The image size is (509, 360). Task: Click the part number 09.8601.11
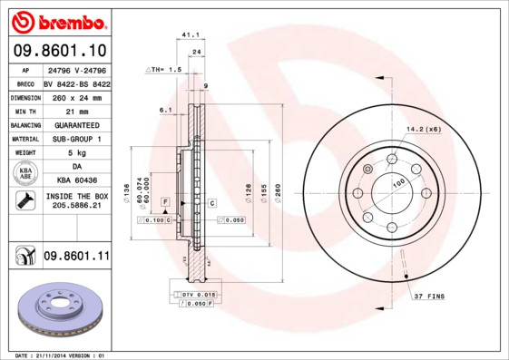(x=76, y=257)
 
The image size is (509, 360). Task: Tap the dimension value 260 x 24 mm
(x=76, y=96)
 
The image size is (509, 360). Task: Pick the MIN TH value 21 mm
(x=76, y=110)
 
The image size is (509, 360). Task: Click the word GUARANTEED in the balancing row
(x=76, y=124)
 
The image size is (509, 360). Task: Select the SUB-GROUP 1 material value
(x=76, y=139)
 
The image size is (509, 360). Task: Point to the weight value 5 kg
(x=76, y=153)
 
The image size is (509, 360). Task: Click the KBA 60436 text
(x=76, y=181)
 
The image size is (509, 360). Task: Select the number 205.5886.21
(x=76, y=207)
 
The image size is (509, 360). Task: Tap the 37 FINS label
(x=430, y=297)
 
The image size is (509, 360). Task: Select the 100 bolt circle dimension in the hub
(x=397, y=182)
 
